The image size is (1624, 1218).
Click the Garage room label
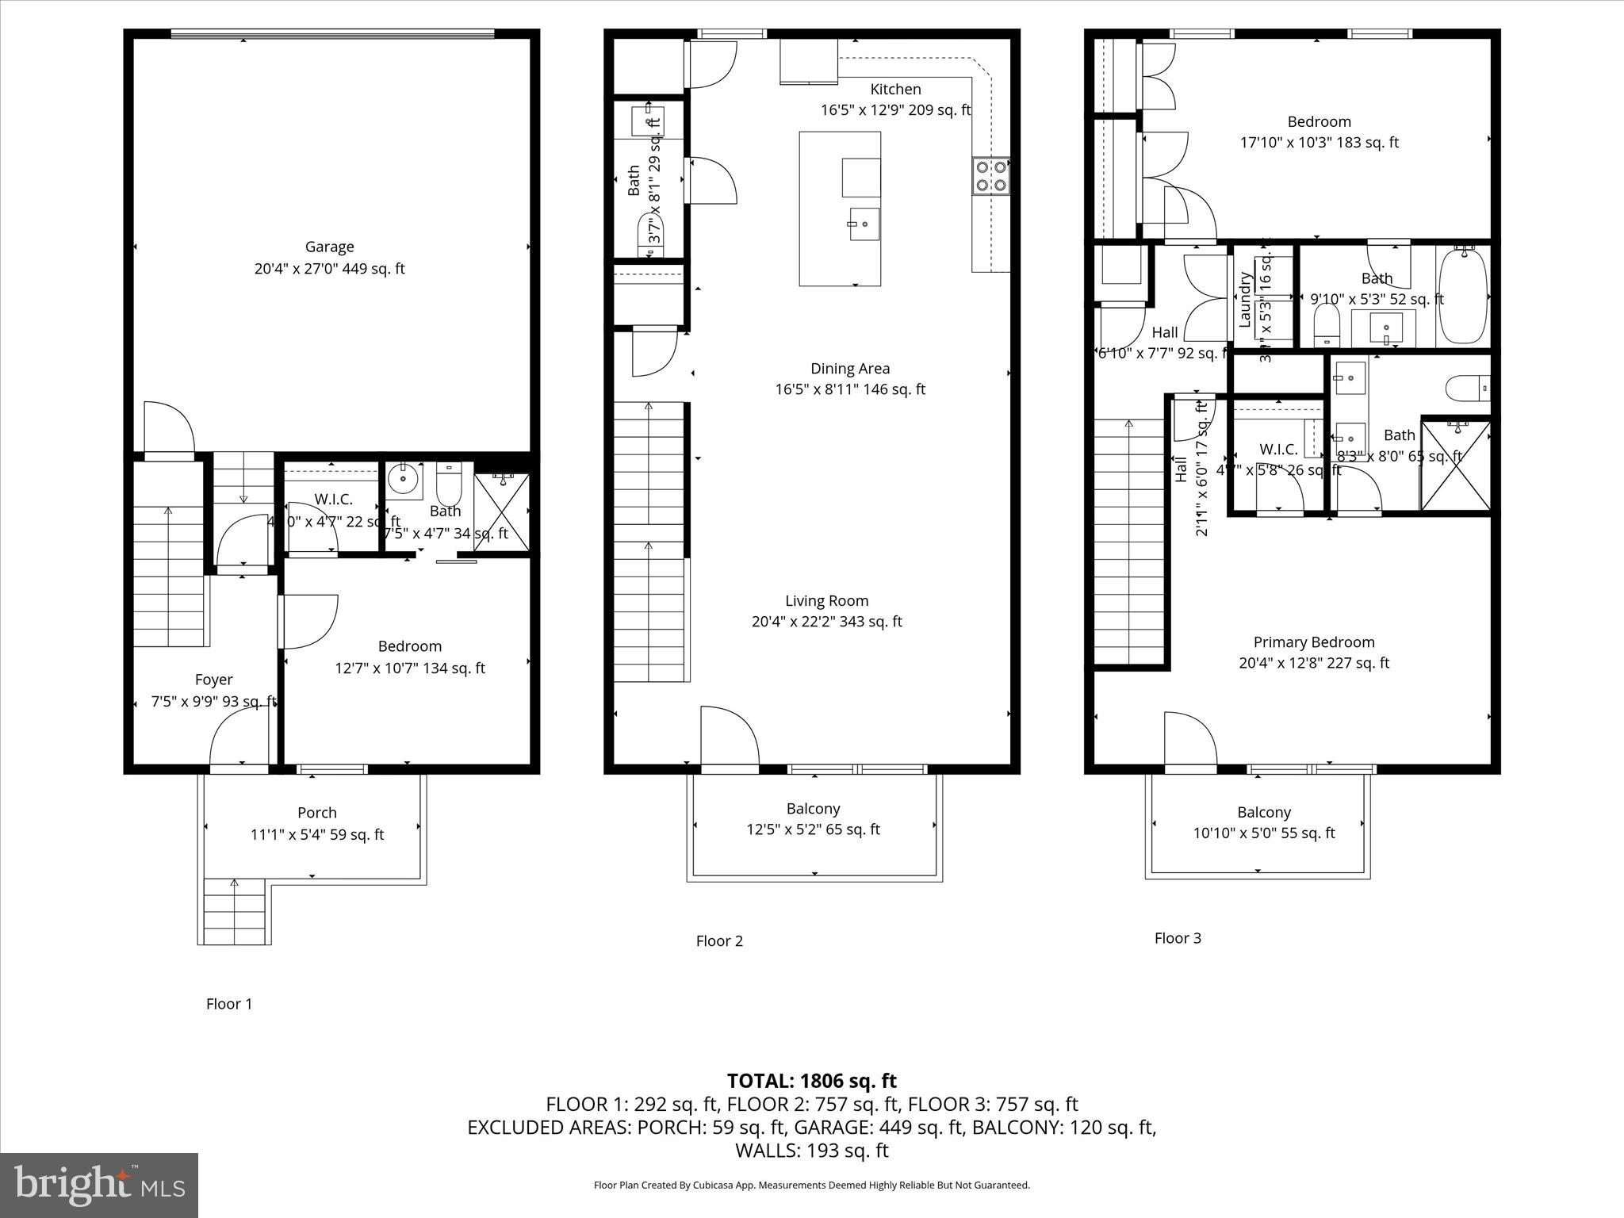[329, 247]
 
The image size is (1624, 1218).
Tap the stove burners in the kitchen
[991, 176]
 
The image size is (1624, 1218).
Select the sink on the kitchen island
[864, 224]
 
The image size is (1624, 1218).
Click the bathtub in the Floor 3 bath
[1464, 296]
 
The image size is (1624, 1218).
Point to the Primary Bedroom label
[1314, 642]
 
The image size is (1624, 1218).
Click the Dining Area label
[850, 369]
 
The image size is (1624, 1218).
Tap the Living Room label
[827, 601]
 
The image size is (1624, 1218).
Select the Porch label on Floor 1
[317, 813]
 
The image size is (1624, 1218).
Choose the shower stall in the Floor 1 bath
[501, 512]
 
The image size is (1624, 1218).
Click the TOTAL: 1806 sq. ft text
[812, 1081]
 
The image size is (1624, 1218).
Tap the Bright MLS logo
[99, 1185]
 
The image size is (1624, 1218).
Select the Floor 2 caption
[719, 941]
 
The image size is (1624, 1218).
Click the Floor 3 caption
[1178, 938]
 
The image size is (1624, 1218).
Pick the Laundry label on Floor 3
[1245, 300]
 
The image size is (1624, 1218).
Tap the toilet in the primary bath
[1467, 389]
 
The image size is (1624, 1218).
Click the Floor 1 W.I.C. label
[333, 500]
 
